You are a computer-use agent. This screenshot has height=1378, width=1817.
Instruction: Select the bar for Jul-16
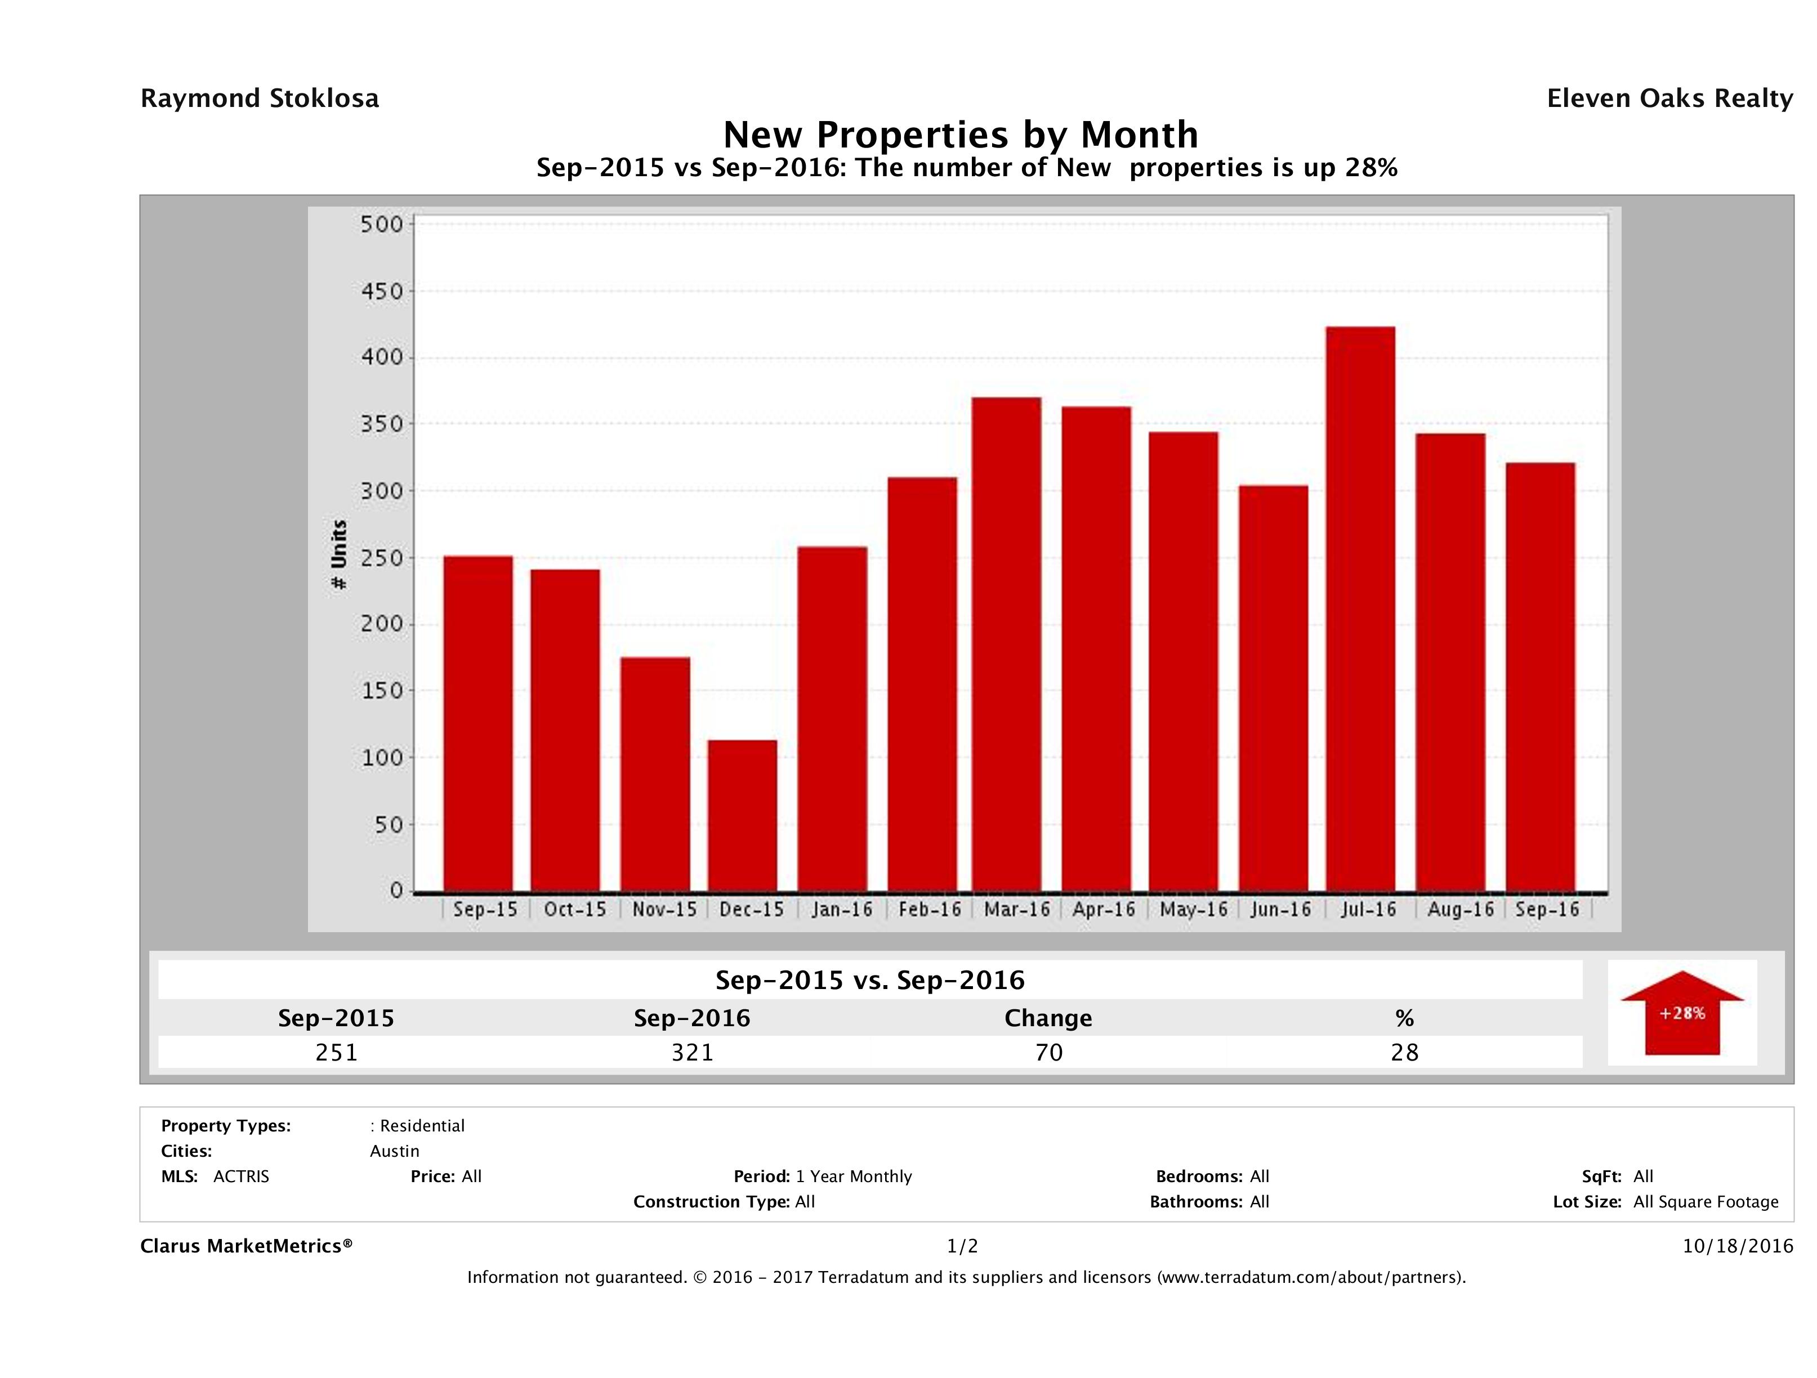tap(1360, 609)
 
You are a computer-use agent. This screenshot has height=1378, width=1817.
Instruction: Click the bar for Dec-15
tap(743, 816)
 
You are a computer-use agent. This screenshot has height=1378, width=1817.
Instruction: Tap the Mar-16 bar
tap(1007, 644)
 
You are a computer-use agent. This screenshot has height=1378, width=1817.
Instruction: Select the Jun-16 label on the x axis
tap(1280, 909)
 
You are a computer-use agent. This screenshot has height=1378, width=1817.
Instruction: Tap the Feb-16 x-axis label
tap(929, 909)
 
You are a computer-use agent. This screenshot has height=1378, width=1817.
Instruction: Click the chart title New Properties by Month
tap(960, 134)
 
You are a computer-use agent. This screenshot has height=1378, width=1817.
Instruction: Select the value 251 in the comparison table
tap(336, 1052)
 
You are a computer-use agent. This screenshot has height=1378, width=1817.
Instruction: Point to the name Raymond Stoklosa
tap(260, 99)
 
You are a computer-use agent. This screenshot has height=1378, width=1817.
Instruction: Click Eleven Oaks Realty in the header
tap(1669, 99)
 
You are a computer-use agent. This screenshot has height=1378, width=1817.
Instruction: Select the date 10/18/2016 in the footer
tap(1737, 1246)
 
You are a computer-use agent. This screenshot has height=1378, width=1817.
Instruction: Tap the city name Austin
tap(394, 1151)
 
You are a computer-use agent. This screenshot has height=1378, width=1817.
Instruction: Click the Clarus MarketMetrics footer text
tap(247, 1246)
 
